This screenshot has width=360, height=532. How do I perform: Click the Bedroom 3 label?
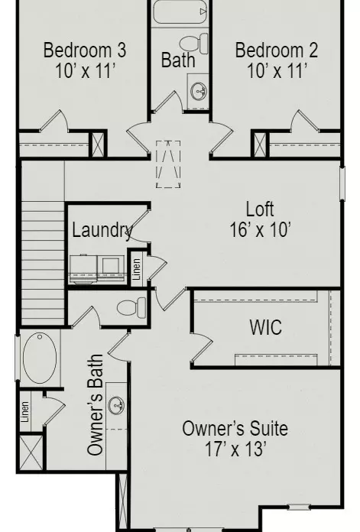click(85, 50)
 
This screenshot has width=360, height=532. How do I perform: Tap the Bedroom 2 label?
click(277, 50)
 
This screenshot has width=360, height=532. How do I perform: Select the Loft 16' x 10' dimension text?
click(260, 230)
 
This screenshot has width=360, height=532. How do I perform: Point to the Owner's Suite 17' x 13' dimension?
click(235, 449)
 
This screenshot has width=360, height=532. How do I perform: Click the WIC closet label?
click(266, 327)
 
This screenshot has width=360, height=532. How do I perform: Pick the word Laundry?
click(102, 231)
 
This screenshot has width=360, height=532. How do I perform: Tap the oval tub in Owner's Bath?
click(40, 358)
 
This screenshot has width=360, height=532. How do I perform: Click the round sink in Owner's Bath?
click(116, 405)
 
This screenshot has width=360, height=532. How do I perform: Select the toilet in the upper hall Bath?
click(193, 44)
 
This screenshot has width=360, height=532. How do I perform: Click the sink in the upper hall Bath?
click(199, 91)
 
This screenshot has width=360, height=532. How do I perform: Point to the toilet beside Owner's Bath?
click(131, 308)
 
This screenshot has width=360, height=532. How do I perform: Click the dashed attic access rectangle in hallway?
click(168, 164)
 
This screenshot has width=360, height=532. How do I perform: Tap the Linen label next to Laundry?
click(136, 269)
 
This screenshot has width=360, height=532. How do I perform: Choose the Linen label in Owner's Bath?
click(24, 412)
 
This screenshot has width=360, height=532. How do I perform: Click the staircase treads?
click(43, 263)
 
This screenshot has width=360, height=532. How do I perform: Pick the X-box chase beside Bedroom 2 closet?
click(260, 144)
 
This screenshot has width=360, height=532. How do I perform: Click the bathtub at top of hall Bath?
click(180, 12)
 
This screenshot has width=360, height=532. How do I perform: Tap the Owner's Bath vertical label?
click(95, 404)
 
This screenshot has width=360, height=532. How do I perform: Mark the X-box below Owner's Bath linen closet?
click(31, 453)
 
